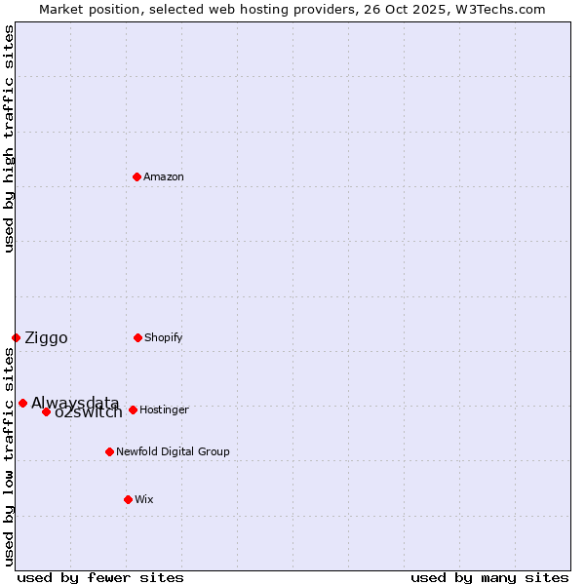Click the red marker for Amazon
click(136, 176)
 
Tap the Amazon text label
click(164, 176)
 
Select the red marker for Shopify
click(137, 337)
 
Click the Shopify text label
click(164, 337)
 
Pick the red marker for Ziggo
click(16, 337)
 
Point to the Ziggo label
click(46, 338)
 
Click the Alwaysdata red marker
click(22, 403)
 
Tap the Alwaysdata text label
click(75, 403)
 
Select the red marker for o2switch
click(46, 411)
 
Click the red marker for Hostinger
click(133, 409)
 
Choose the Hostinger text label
click(164, 409)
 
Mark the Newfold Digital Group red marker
click(109, 451)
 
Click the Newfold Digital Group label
click(173, 451)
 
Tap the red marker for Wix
click(128, 499)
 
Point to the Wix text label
click(144, 499)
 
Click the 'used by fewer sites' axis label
click(100, 577)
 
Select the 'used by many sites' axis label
click(489, 577)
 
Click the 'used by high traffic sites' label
click(9, 138)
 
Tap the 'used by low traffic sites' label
click(9, 456)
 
